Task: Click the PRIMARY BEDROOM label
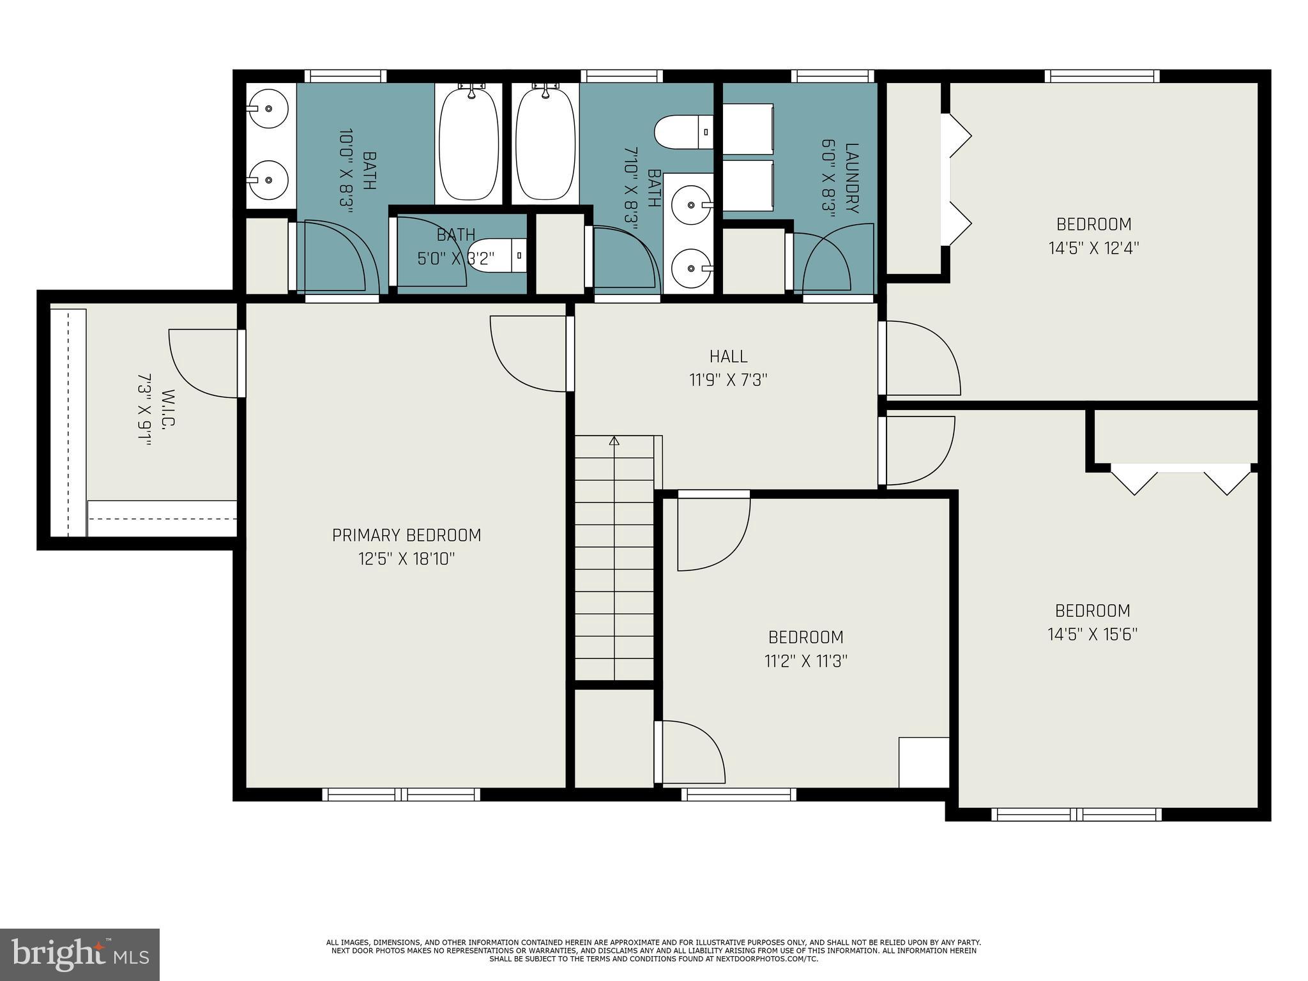[406, 535]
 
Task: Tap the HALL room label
[728, 356]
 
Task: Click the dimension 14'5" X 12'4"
[1093, 248]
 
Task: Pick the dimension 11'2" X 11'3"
[805, 661]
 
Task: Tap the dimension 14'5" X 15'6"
[1092, 634]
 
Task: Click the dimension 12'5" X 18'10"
[406, 559]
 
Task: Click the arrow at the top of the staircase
[614, 440]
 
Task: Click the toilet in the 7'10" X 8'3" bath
[683, 131]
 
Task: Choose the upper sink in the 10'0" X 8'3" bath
[268, 109]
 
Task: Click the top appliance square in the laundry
[747, 127]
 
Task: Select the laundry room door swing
[830, 262]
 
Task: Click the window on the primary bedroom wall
[401, 794]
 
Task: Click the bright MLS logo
[79, 954]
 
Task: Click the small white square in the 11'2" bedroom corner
[924, 762]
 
